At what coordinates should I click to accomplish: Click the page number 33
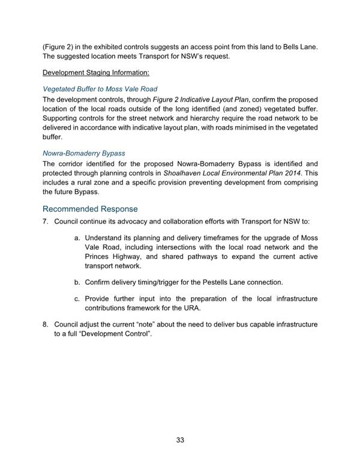[x=180, y=440]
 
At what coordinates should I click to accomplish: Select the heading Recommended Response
[x=90, y=209]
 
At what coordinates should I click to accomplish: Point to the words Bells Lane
[x=298, y=46]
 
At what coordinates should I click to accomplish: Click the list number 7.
[x=45, y=222]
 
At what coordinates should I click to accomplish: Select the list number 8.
[x=45, y=325]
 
